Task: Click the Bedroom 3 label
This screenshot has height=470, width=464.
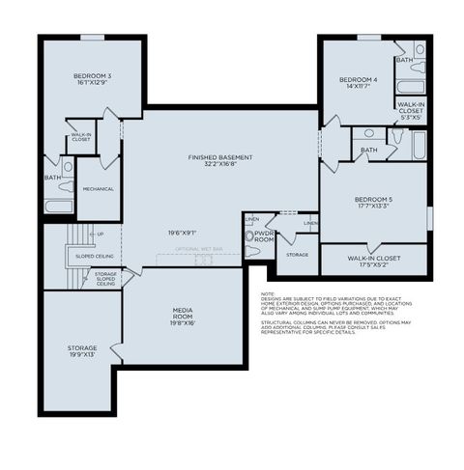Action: coord(92,75)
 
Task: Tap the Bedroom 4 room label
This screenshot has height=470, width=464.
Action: coord(357,79)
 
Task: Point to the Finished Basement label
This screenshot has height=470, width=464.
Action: coord(220,157)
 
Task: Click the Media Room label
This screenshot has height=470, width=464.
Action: coord(183,311)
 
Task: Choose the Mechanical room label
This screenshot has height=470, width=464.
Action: coord(98,190)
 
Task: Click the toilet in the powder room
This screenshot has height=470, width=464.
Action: coord(251,250)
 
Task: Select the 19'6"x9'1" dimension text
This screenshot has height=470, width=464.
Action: coord(182,232)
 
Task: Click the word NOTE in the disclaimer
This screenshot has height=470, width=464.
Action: coord(268,293)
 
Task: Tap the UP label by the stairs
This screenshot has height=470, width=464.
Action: coord(99,234)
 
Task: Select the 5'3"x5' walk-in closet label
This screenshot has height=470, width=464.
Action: coord(410,116)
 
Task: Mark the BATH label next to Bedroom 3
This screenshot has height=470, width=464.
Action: coord(51,178)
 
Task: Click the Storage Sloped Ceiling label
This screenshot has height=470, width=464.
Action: coord(105,279)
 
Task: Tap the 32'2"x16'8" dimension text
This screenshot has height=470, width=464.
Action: coord(220,165)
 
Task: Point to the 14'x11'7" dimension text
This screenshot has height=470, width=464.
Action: coord(357,87)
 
